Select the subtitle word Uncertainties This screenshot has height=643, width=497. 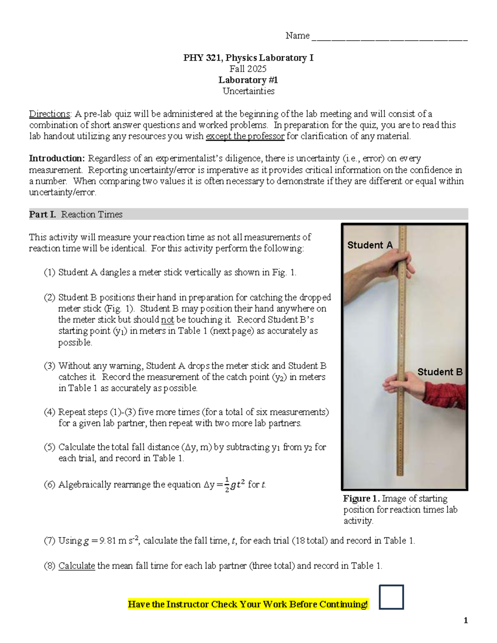coord(248,91)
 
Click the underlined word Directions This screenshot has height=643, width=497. coord(49,114)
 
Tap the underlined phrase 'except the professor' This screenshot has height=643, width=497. coord(245,136)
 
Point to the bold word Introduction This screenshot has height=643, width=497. coord(57,159)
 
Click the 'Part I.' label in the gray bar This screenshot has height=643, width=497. coord(42,214)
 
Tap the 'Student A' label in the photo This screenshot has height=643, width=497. coord(369,245)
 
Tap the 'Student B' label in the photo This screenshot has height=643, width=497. coord(439,372)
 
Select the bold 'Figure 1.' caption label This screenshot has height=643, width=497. coord(361,499)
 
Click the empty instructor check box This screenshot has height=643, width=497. coord(391,597)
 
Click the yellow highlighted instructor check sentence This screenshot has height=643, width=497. coord(248,604)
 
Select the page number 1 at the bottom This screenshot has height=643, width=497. coord(466,620)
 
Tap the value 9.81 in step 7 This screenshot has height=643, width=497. coord(108,541)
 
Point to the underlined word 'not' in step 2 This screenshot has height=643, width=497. coord(167,320)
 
